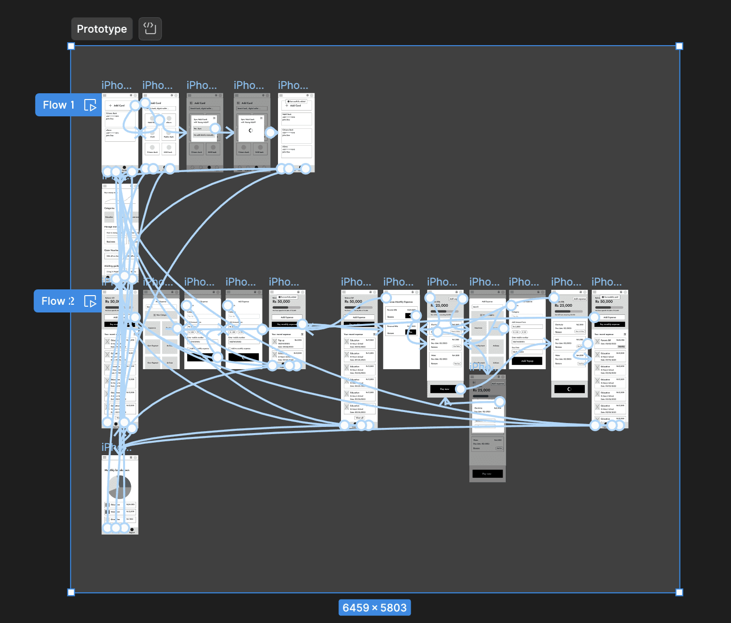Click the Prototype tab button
coord(101,29)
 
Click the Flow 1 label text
coord(59,105)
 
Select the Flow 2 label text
coord(58,301)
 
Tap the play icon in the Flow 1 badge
coord(90,105)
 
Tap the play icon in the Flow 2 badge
coord(90,301)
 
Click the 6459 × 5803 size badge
coord(374,608)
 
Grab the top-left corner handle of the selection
coord(71,46)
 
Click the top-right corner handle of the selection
coord(679,46)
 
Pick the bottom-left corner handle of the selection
coord(71,592)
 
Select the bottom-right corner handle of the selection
coord(679,592)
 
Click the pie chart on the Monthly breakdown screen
coord(120,487)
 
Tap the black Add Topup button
coord(527,361)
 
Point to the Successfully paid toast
coord(610,297)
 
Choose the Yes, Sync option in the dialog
coord(199,129)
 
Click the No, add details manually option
coord(203,135)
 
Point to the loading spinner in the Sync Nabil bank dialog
coord(251,130)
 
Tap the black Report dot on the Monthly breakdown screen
coord(132,529)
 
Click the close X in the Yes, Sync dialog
coord(214,118)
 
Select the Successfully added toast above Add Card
coord(297,101)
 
